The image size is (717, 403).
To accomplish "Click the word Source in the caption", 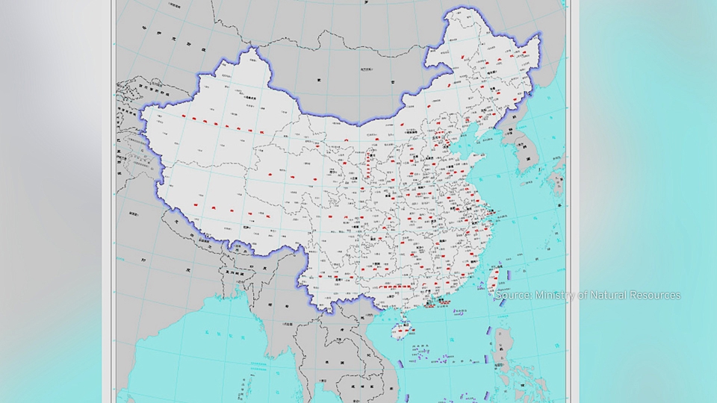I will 513,296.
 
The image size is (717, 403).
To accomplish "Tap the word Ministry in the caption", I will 553,296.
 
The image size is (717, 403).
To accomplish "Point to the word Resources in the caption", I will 655,296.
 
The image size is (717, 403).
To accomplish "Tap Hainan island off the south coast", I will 401,325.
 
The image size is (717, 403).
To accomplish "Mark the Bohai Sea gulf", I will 470,149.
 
